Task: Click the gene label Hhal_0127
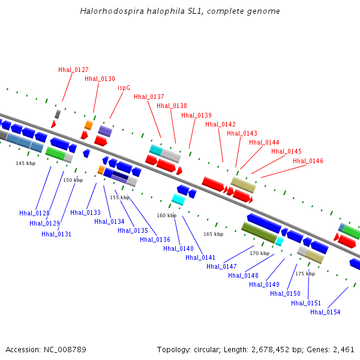click(73, 70)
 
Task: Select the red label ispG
click(124, 88)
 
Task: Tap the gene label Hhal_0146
click(308, 161)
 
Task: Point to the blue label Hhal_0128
click(34, 213)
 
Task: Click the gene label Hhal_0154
click(325, 312)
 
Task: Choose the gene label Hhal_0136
click(155, 239)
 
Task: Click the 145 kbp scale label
click(26, 163)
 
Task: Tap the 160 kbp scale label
click(167, 215)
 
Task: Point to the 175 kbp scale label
click(305, 274)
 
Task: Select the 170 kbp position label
click(260, 253)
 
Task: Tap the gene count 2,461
click(344, 349)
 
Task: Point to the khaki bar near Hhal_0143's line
click(243, 185)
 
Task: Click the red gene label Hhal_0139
click(196, 115)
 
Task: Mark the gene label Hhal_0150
click(285, 293)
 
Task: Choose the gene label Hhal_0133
click(85, 212)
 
